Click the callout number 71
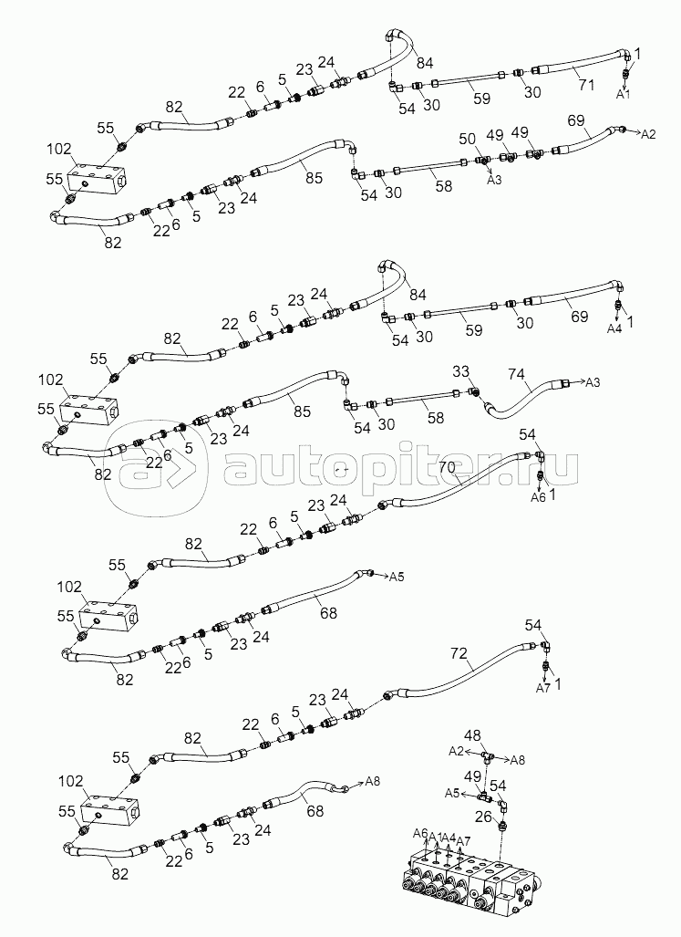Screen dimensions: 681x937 (x=587, y=85)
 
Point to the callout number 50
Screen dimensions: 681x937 (x=467, y=140)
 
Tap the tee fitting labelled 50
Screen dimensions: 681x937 (x=483, y=161)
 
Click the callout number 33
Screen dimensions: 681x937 (x=461, y=371)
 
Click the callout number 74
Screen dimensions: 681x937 (x=516, y=375)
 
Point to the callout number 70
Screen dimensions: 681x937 (x=447, y=467)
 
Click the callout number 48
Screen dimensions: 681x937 (x=472, y=736)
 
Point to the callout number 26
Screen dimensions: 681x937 (x=483, y=817)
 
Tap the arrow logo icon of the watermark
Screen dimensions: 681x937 (x=157, y=468)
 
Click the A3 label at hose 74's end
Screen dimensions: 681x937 (x=592, y=382)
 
